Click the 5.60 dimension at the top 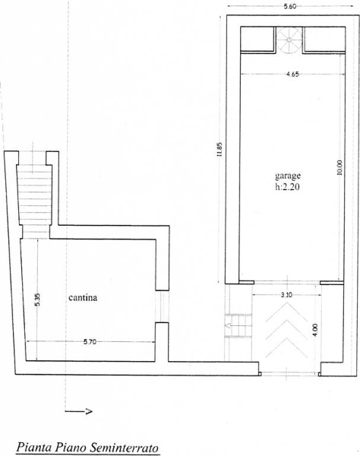289,7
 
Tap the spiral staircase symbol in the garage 289,40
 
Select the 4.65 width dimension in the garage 292,74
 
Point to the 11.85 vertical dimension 219,149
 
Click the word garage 288,176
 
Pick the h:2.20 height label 287,187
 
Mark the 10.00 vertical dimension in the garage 339,167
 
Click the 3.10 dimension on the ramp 286,295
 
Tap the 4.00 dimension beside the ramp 315,331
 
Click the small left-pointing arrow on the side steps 228,326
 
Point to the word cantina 83,298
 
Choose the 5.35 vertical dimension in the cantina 38,299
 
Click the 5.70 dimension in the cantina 90,342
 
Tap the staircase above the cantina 35,201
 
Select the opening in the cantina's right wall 162,306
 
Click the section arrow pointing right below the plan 78,411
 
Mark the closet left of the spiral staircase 257,39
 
